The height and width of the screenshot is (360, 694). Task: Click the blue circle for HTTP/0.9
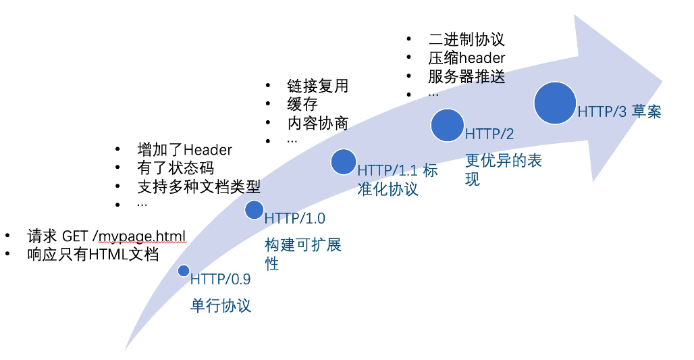(x=184, y=271)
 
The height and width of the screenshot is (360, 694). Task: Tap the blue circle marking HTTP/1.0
(x=254, y=210)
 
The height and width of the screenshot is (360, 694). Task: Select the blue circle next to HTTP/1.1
(x=344, y=161)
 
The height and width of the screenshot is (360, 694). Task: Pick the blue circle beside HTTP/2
(x=448, y=126)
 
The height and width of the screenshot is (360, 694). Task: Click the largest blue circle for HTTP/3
(x=555, y=103)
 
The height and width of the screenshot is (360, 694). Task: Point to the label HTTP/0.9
(x=220, y=279)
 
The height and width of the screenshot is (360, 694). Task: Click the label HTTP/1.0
(x=295, y=218)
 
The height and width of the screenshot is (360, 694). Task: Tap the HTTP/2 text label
(x=489, y=134)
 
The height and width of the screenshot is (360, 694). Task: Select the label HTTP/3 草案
(x=620, y=111)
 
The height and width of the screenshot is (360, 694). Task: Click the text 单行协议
(x=221, y=305)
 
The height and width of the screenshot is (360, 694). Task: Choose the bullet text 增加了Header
(x=184, y=150)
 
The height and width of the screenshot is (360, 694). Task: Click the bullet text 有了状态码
(x=176, y=168)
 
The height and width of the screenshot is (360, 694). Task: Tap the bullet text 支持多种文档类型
(x=198, y=186)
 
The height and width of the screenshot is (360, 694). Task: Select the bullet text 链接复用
(x=318, y=86)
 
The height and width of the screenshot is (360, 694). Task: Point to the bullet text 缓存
(x=302, y=104)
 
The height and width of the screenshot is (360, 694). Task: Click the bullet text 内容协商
(x=318, y=123)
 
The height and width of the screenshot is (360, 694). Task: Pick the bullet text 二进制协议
(x=466, y=39)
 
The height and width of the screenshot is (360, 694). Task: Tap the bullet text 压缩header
(x=466, y=58)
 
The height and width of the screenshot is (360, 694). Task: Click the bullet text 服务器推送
(x=466, y=76)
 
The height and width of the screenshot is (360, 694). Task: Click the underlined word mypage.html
(x=142, y=236)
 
